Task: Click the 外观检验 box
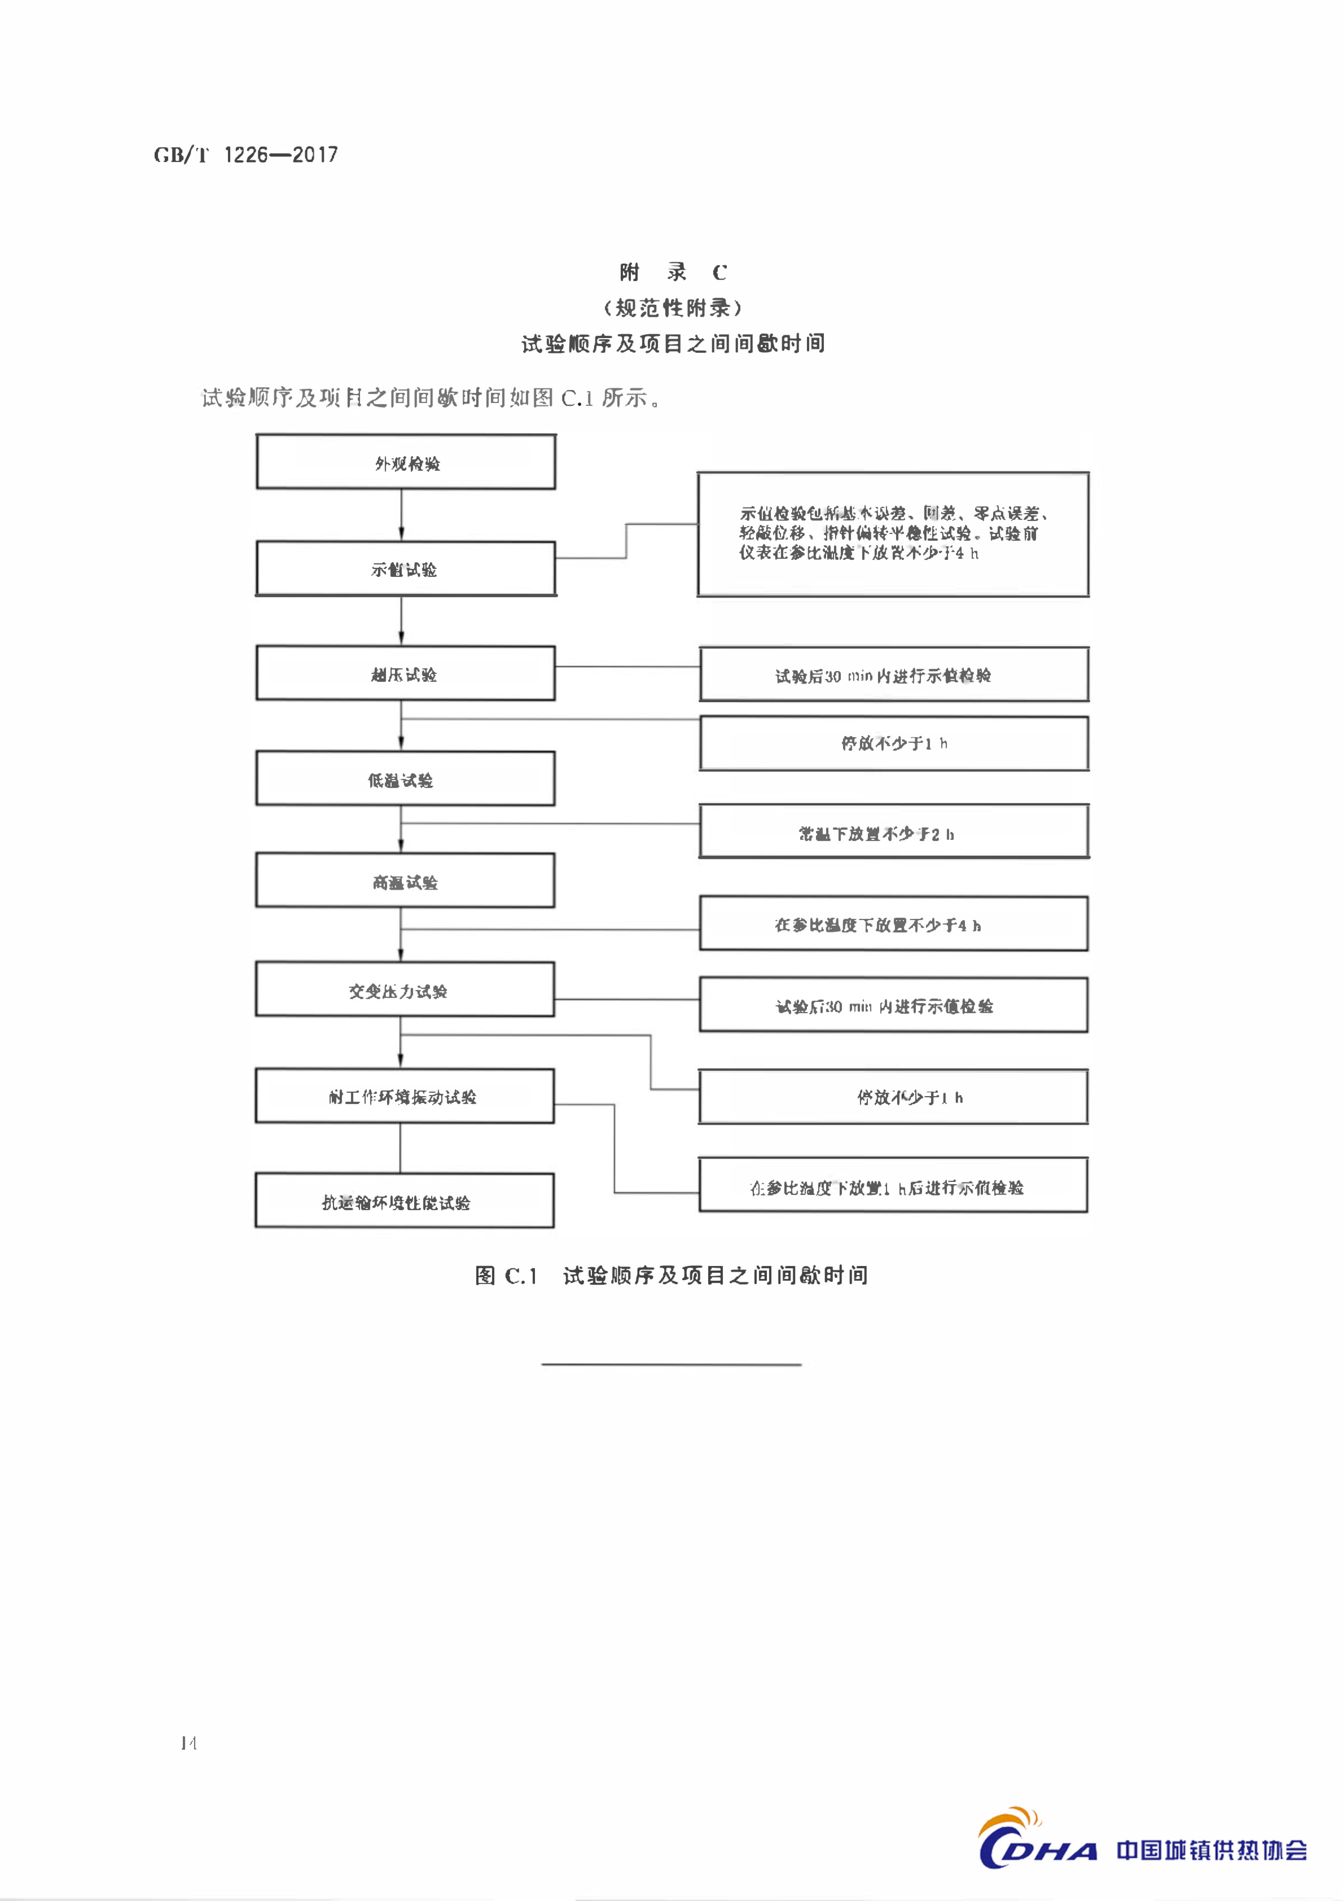pyautogui.click(x=406, y=462)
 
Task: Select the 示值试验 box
pyautogui.click(x=406, y=569)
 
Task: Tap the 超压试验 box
pyautogui.click(x=406, y=673)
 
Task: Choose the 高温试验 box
pyautogui.click(x=406, y=881)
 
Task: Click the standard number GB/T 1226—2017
pyautogui.click(x=246, y=155)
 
